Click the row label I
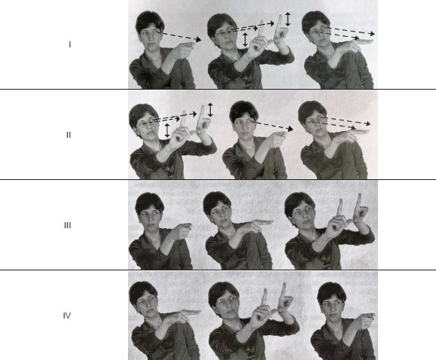pyautogui.click(x=70, y=44)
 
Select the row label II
pyautogui.click(x=69, y=135)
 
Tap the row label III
pyautogui.click(x=68, y=225)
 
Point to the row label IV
pyautogui.click(x=67, y=316)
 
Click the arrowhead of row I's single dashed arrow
pyautogui.click(x=198, y=39)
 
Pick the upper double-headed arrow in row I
pyautogui.click(x=288, y=19)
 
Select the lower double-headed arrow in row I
pyautogui.click(x=245, y=39)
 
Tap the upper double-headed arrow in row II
pyautogui.click(x=210, y=110)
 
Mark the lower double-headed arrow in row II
pyautogui.click(x=167, y=130)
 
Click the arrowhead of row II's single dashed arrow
pyautogui.click(x=290, y=129)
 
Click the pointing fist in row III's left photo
pyautogui.click(x=181, y=230)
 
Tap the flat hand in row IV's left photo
pyautogui.click(x=184, y=315)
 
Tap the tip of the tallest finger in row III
pyautogui.click(x=359, y=194)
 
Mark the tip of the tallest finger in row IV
pyautogui.click(x=284, y=284)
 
